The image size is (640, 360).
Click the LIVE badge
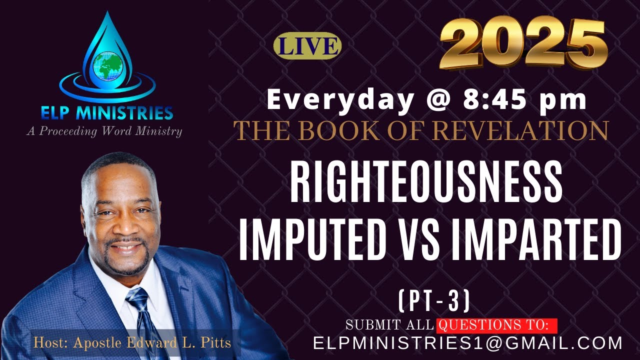[x=307, y=46]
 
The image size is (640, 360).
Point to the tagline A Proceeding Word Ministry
[x=104, y=131]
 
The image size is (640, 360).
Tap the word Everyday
[x=340, y=99]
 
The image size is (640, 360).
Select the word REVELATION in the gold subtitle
[x=520, y=131]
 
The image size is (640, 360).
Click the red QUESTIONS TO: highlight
[x=496, y=325]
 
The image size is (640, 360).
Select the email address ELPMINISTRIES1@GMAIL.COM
[x=467, y=343]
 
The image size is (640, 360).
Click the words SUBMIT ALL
[x=389, y=325]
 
